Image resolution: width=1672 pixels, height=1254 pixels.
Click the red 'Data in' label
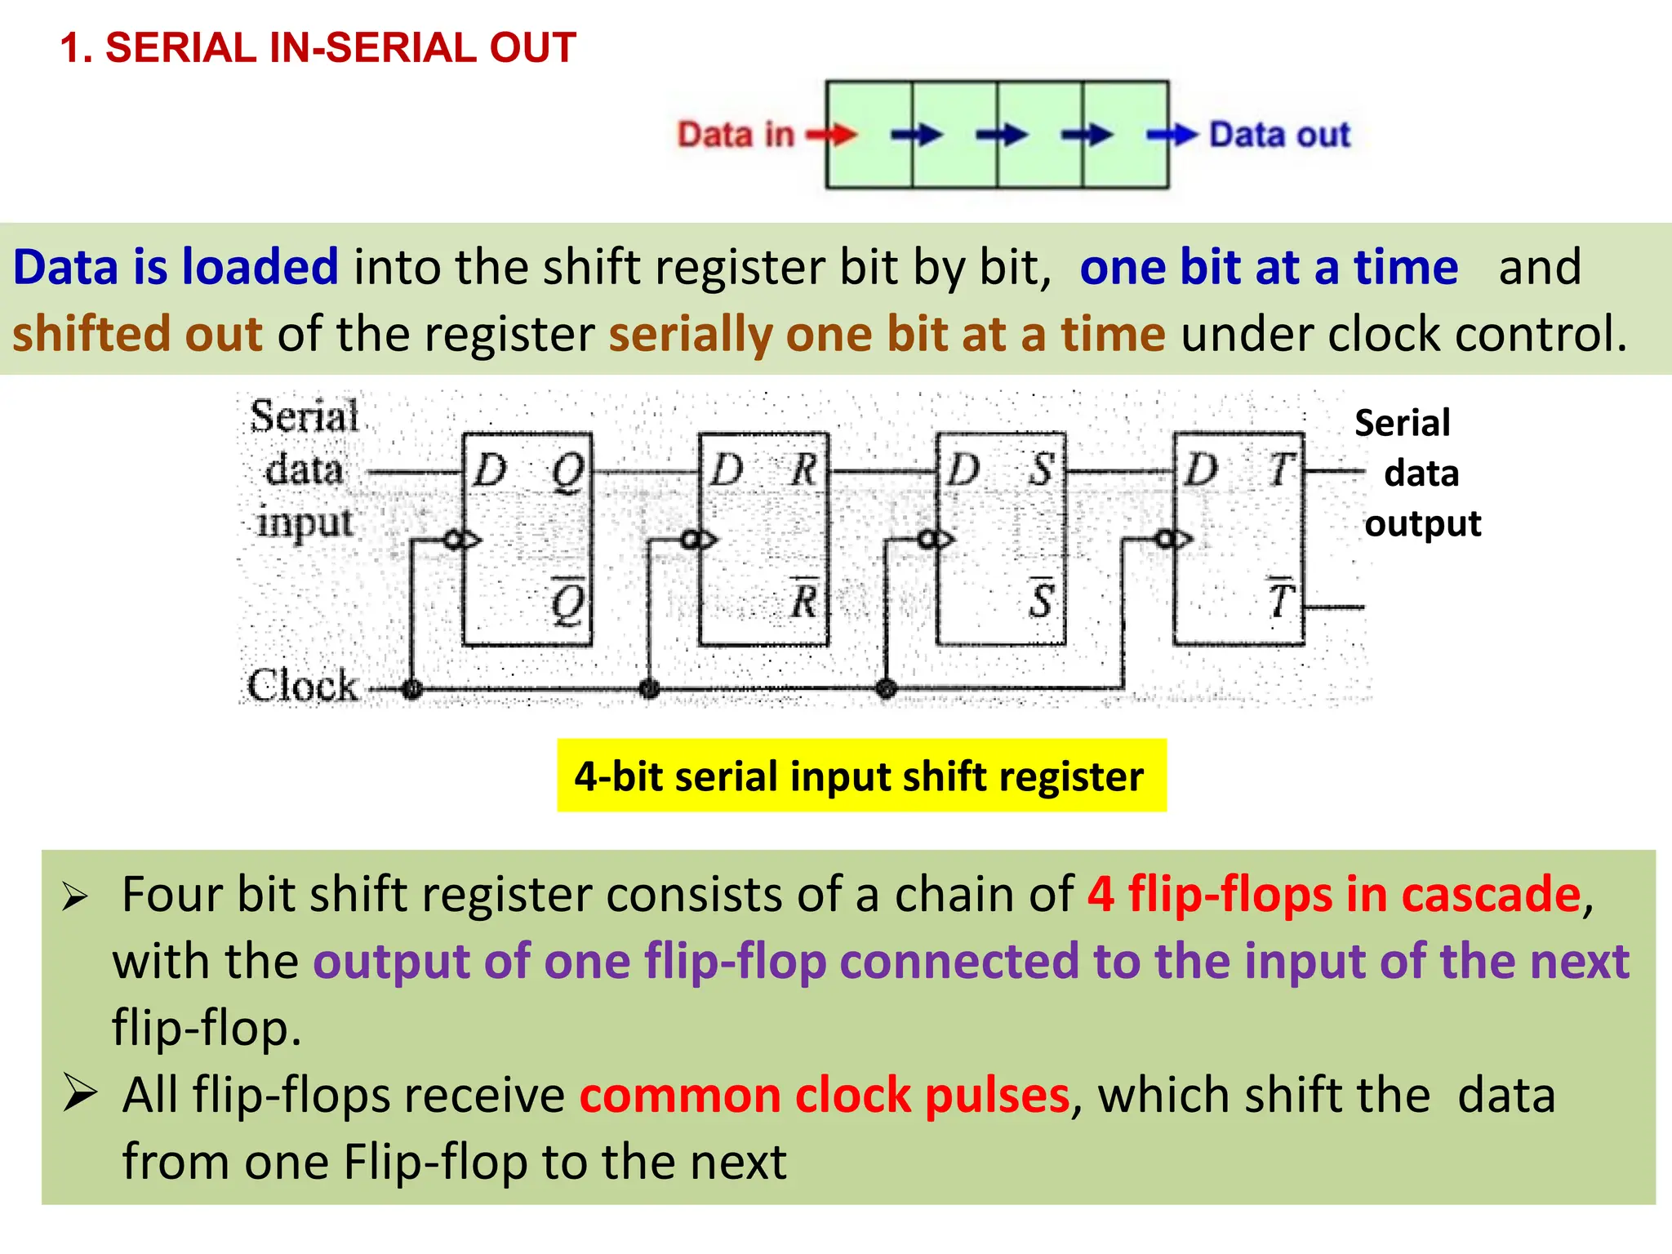[736, 135]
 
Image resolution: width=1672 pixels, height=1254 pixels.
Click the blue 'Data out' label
[1279, 135]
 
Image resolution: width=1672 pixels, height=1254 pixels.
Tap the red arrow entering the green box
[833, 135]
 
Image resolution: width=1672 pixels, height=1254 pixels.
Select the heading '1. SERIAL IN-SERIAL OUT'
[318, 47]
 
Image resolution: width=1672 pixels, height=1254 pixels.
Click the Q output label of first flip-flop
[568, 472]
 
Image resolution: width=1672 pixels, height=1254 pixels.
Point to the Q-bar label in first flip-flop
[568, 602]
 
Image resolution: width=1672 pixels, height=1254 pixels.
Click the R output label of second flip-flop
[803, 470]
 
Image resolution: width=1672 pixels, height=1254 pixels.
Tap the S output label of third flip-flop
[1041, 470]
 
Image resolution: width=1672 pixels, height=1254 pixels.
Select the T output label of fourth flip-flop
[1279, 470]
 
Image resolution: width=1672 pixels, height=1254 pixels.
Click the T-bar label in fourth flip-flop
[1279, 600]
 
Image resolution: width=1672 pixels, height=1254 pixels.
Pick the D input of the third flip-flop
[964, 471]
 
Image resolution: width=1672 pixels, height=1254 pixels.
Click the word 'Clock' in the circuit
[303, 686]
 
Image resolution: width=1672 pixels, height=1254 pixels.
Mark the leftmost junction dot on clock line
[412, 688]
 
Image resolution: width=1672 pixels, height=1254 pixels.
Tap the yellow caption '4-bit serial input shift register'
[860, 776]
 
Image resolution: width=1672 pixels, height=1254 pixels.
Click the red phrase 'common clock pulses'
[825, 1095]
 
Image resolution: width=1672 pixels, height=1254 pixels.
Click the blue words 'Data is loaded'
[176, 267]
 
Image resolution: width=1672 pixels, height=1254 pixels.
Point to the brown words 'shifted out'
[137, 334]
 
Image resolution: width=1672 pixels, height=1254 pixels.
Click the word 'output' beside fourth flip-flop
[1423, 523]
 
